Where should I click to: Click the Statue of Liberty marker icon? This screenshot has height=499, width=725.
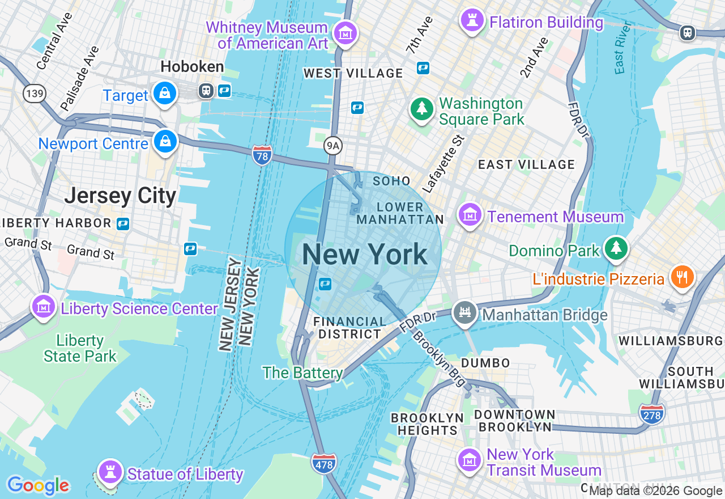(x=110, y=472)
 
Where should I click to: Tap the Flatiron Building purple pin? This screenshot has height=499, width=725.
(x=472, y=20)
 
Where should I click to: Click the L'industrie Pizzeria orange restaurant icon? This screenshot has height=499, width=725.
(x=683, y=277)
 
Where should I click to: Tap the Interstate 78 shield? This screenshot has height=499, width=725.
(x=262, y=154)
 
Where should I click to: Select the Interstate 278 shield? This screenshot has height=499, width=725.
(x=652, y=414)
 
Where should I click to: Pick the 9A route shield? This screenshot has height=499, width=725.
(x=334, y=146)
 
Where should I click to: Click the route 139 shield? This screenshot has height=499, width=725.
(x=35, y=94)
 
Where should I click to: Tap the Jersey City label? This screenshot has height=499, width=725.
(x=120, y=196)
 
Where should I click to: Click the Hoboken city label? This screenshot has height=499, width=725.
(x=192, y=67)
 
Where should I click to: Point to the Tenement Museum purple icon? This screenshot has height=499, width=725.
(x=470, y=215)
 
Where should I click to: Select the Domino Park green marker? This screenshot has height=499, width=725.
(x=616, y=248)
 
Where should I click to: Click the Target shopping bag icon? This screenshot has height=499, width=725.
(x=165, y=92)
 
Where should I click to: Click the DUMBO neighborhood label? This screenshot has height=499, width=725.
(x=485, y=363)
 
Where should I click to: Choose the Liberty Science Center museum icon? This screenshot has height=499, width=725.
(x=44, y=306)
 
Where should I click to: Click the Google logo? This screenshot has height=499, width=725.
(x=38, y=485)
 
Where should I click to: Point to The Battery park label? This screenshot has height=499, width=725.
(x=302, y=373)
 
